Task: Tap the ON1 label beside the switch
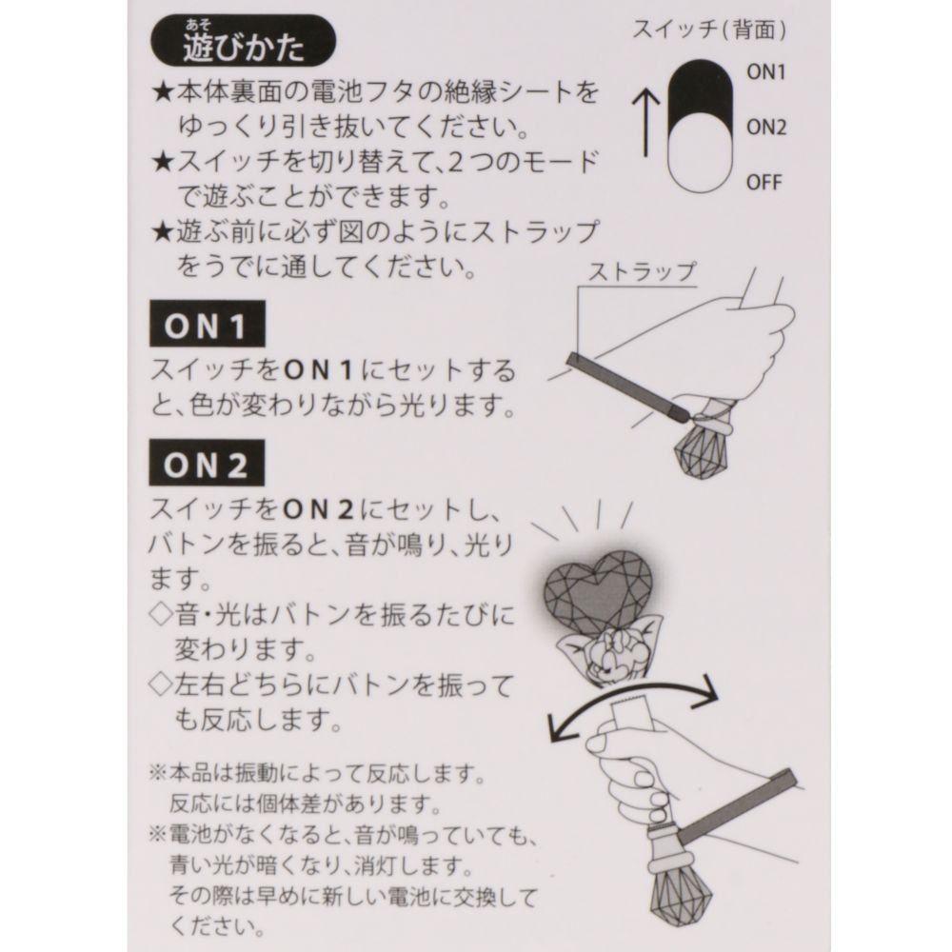coord(764,73)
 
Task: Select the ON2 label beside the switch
coord(764,127)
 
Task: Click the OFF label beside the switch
coord(764,181)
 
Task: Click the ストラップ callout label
coord(641,270)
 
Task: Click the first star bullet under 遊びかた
coord(162,93)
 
